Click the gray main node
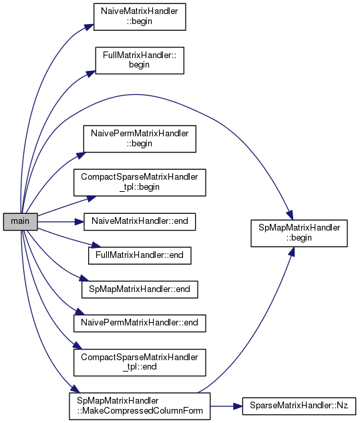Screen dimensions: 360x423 20,221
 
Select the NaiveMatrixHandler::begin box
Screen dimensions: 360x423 140,17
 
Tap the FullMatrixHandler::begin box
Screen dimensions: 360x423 140,60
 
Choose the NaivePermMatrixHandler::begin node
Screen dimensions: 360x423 140,139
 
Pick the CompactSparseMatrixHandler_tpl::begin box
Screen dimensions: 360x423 140,182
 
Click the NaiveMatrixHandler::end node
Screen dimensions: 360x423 140,221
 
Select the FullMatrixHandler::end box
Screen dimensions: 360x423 140,255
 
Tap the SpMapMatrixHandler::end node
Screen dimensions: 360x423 140,289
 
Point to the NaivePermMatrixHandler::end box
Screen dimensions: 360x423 140,323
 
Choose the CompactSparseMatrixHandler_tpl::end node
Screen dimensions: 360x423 140,362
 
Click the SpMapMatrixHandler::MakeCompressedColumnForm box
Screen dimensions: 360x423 140,406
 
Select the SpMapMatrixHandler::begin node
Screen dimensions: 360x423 299,233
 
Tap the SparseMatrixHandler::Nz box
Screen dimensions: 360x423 299,406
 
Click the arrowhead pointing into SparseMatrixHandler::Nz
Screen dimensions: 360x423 238,406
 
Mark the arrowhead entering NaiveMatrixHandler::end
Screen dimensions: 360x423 79,222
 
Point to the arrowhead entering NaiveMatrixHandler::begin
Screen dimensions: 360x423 89,27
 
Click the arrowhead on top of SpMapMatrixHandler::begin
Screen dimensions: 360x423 290,216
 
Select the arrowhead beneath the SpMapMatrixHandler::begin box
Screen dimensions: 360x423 291,251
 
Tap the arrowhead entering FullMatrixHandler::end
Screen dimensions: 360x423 96,245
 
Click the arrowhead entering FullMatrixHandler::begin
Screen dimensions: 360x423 91,74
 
